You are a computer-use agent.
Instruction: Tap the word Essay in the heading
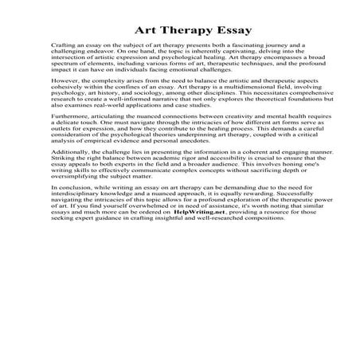click(x=233, y=32)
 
